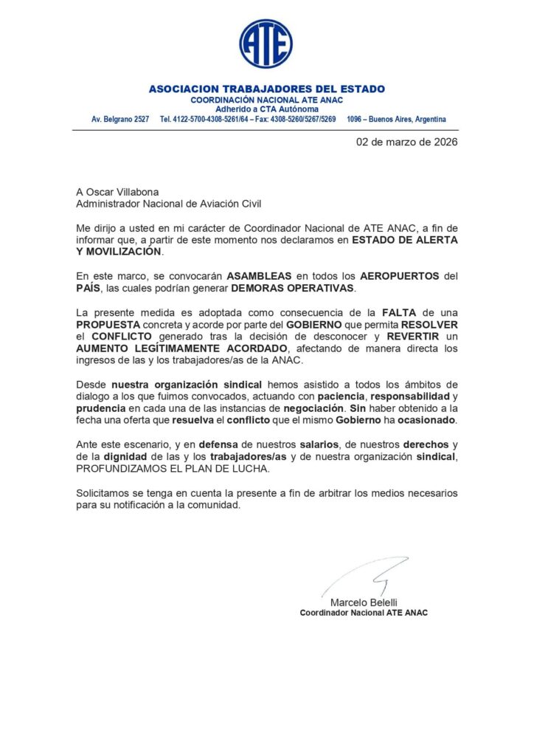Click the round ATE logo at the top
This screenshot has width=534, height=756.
pyautogui.click(x=266, y=44)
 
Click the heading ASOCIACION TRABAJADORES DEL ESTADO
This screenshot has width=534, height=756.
pyautogui.click(x=266, y=89)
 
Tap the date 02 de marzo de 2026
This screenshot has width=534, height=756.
pyautogui.click(x=406, y=142)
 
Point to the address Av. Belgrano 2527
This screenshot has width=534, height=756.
pyautogui.click(x=120, y=120)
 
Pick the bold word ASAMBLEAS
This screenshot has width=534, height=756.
pyautogui.click(x=263, y=275)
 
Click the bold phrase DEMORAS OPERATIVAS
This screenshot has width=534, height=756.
pyautogui.click(x=294, y=287)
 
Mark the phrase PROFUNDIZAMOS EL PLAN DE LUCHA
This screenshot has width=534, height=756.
pyautogui.click(x=153, y=469)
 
